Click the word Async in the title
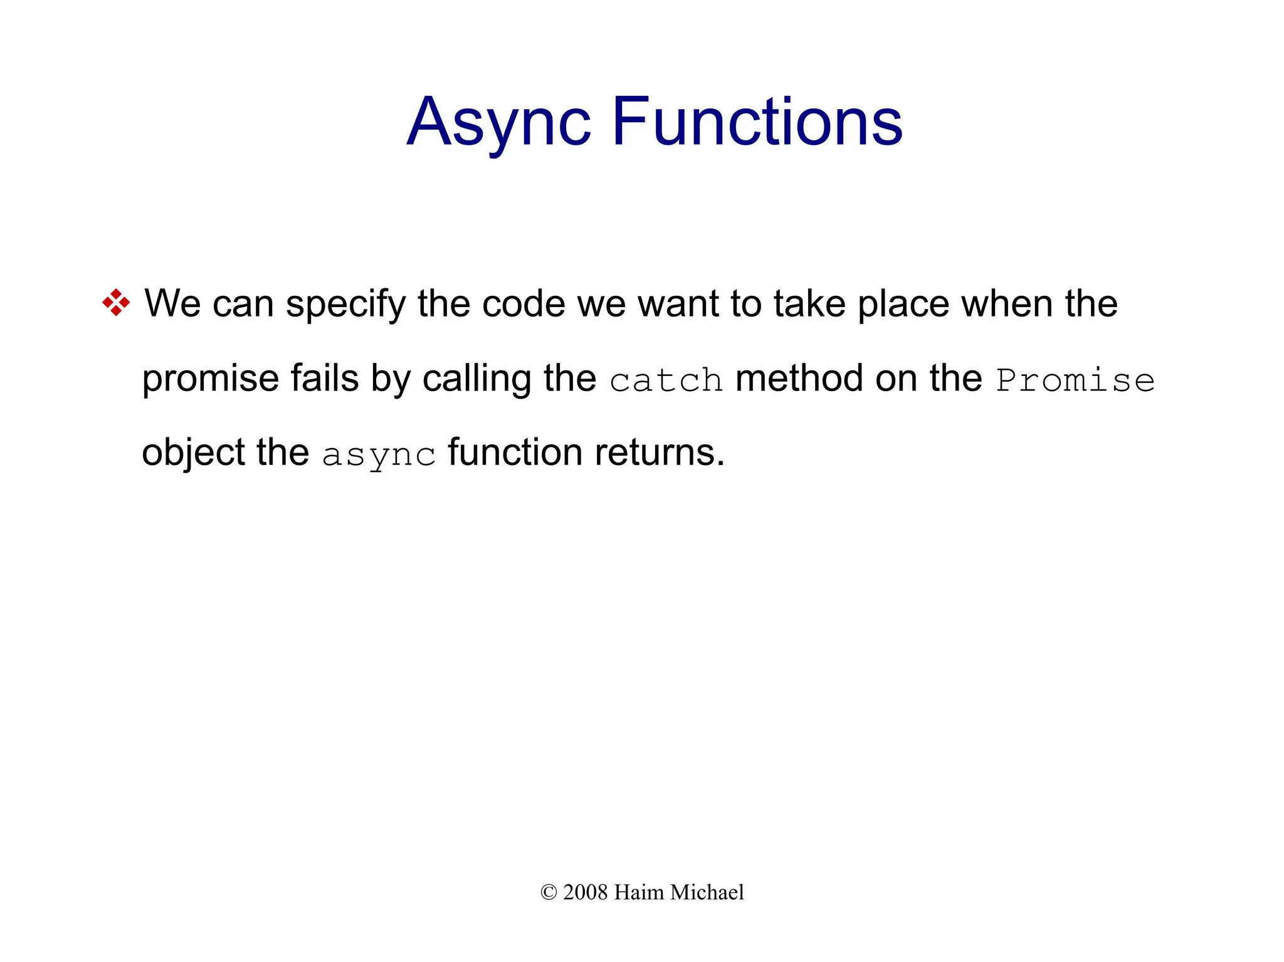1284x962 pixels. click(498, 122)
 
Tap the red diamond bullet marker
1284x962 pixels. click(116, 303)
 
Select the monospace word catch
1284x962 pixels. click(666, 380)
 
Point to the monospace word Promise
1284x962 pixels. click(1075, 380)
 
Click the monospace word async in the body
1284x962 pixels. click(379, 454)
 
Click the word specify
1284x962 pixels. click(345, 305)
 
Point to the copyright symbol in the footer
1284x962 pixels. click(549, 892)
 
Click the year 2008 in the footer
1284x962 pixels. click(585, 892)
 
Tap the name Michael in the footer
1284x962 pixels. click(707, 892)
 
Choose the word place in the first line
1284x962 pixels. click(903, 305)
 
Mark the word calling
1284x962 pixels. click(476, 380)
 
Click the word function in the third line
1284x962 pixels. click(515, 452)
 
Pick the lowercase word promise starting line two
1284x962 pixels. click(210, 380)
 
